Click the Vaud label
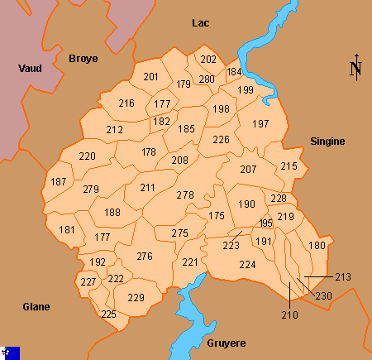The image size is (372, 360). [30, 69]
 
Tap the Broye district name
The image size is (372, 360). [83, 59]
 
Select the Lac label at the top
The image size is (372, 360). [201, 23]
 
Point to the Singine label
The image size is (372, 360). [327, 142]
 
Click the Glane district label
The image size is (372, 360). [36, 307]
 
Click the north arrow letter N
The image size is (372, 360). [355, 69]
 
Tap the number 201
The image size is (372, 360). [150, 77]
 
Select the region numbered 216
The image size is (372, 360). [126, 103]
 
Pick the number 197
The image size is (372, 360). [261, 124]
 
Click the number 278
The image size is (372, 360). [185, 195]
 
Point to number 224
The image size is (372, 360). [247, 265]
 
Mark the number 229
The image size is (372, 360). [136, 298]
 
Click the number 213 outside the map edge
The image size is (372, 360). [344, 276]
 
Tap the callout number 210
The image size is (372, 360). [289, 314]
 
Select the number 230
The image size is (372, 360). [324, 296]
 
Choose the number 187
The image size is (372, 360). [59, 182]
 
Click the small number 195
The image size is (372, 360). [265, 224]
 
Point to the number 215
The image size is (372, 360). [289, 166]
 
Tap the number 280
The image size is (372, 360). [207, 79]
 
